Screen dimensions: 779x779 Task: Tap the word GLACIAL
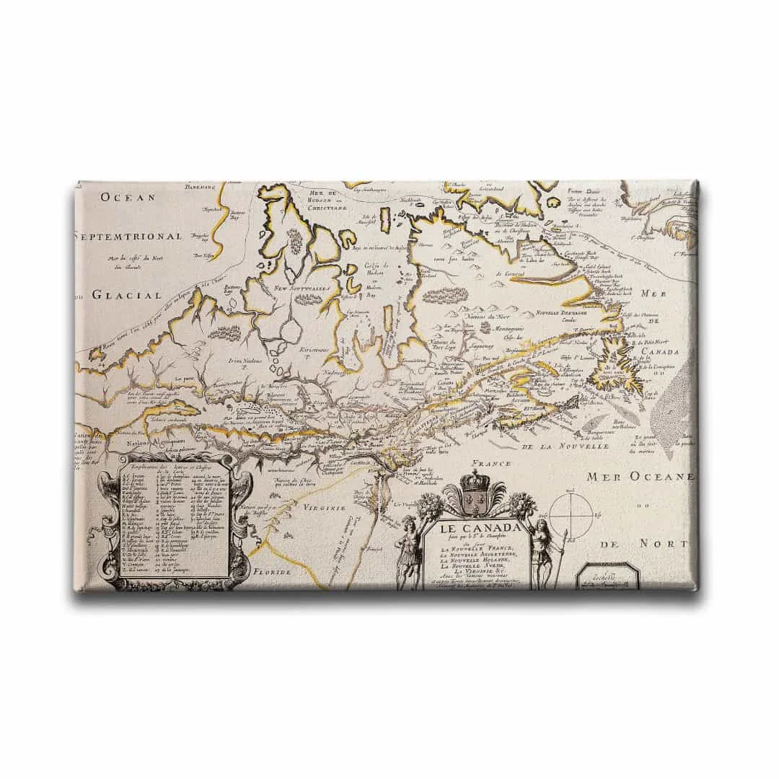[x=127, y=294]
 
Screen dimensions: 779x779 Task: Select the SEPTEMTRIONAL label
[x=128, y=237]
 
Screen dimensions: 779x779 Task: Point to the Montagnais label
[x=489, y=328]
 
